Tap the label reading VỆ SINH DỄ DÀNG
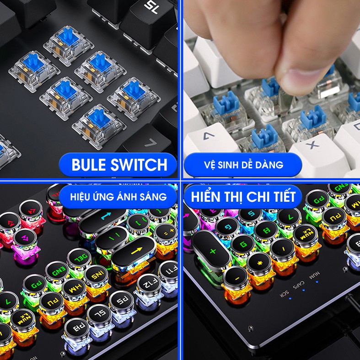(243, 165)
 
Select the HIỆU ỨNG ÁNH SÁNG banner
(118, 197)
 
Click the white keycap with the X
(313, 146)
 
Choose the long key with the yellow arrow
(135, 250)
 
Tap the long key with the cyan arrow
(106, 216)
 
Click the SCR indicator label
(285, 295)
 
